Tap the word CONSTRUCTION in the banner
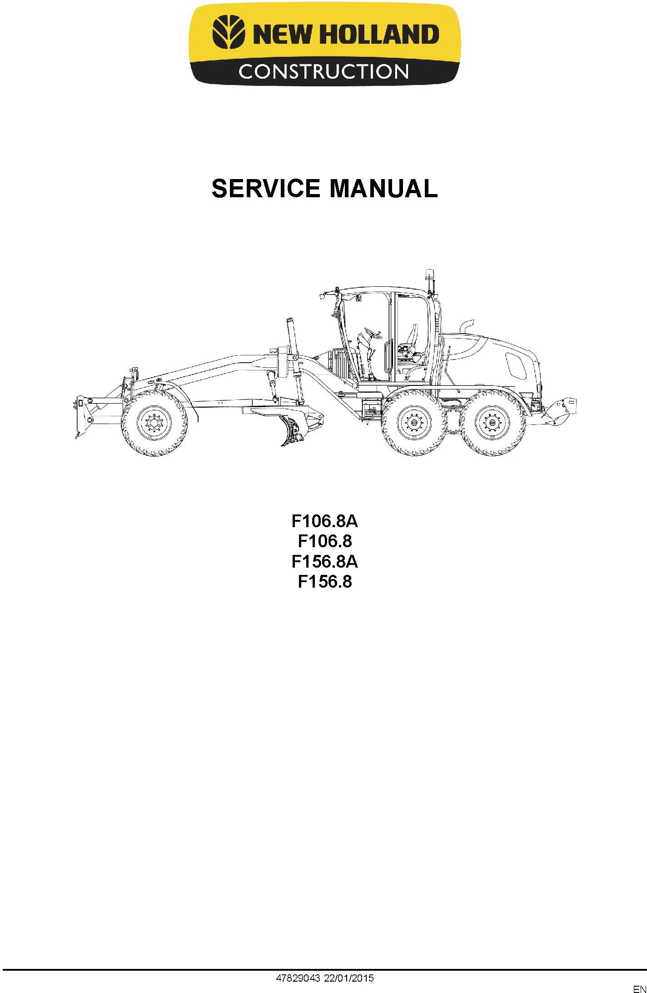pos(323,71)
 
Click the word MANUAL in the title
pos(383,189)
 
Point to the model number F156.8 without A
pos(324,582)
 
